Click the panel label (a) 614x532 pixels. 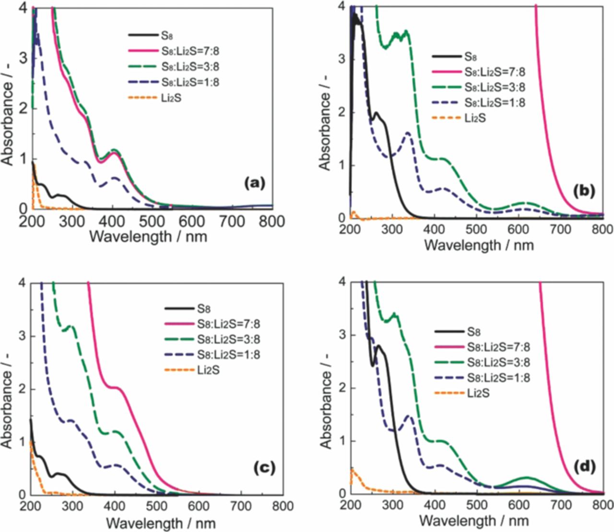(254, 183)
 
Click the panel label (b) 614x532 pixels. (584, 191)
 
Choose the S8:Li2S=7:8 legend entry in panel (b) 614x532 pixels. (494, 72)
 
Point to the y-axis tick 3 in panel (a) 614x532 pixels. (23, 58)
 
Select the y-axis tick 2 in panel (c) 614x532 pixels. (22, 389)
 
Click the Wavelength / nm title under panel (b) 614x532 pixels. (479, 244)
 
